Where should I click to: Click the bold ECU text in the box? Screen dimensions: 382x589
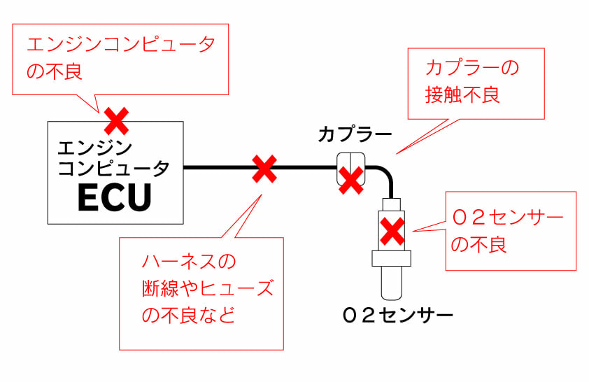coord(114,198)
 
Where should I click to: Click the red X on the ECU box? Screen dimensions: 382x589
coord(116,121)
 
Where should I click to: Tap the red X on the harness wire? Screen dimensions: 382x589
coord(264,169)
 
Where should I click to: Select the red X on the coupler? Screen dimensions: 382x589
coord(350,180)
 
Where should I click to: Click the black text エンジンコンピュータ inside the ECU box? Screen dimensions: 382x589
coord(113,158)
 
